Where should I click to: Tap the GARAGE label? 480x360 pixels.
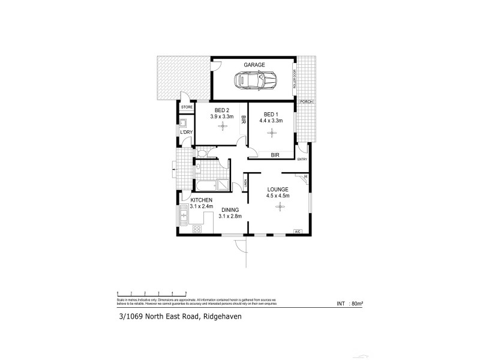click(254, 64)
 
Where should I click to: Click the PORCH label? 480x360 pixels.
click(305, 101)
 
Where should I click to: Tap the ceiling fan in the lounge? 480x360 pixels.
click(278, 207)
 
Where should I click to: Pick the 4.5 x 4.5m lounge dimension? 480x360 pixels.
click(278, 195)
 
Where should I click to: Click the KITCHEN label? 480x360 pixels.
click(202, 200)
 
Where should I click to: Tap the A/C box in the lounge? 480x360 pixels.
click(297, 232)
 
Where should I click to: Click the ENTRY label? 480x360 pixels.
click(302, 159)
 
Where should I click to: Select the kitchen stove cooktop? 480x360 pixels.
click(196, 229)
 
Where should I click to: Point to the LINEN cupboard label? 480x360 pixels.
click(245, 183)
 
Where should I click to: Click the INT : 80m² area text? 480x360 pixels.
click(350, 304)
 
